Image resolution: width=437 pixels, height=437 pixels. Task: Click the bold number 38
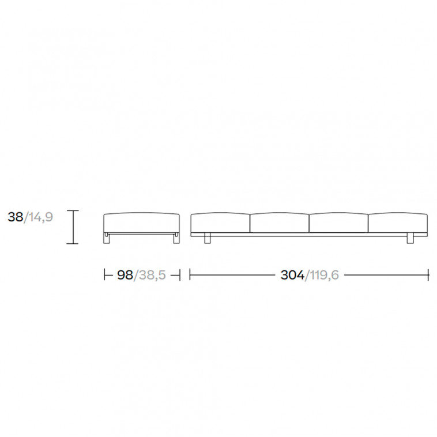(x=16, y=217)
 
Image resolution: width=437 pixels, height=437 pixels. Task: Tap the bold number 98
(x=125, y=275)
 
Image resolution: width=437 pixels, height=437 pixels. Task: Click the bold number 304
(x=292, y=275)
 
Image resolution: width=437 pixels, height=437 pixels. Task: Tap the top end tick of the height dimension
(x=73, y=211)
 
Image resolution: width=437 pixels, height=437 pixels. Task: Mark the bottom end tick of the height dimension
(x=73, y=244)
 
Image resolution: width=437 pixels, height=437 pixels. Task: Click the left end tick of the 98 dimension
(x=104, y=275)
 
